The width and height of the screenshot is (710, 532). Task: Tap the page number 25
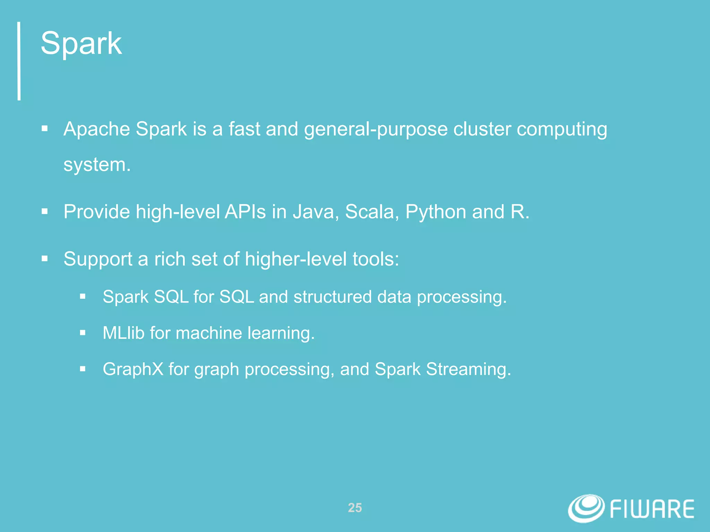355,508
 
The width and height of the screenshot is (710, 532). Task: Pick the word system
97,165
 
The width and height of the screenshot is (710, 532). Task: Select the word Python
436,212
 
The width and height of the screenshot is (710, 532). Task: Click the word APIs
245,212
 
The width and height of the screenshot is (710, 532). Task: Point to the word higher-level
296,259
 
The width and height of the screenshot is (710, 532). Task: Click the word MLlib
123,333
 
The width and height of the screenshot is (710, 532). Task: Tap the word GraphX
133,369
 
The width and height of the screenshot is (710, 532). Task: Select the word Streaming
468,369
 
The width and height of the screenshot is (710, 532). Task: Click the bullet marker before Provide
44,211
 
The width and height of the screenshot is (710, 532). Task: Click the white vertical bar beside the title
19,61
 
